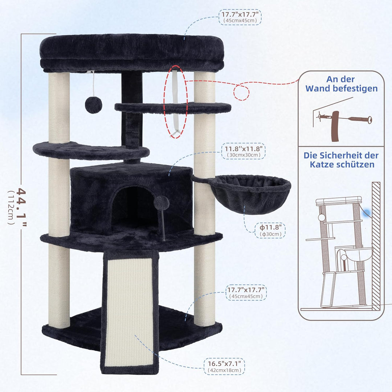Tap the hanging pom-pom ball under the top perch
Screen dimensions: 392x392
(94, 105)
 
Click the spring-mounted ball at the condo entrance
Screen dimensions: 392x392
(162, 203)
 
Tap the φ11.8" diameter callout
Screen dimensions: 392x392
(270, 230)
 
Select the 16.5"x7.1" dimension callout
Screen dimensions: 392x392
(224, 366)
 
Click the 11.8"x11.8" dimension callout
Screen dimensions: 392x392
(243, 151)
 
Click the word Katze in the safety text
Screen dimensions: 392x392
(322, 164)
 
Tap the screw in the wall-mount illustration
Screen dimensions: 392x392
(360, 119)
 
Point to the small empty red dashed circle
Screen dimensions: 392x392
(241, 92)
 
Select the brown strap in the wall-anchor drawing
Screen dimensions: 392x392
(335, 126)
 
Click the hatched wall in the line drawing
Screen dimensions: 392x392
(376, 246)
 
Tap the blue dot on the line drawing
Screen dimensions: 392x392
(367, 213)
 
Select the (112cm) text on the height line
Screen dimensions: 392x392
(11, 207)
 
